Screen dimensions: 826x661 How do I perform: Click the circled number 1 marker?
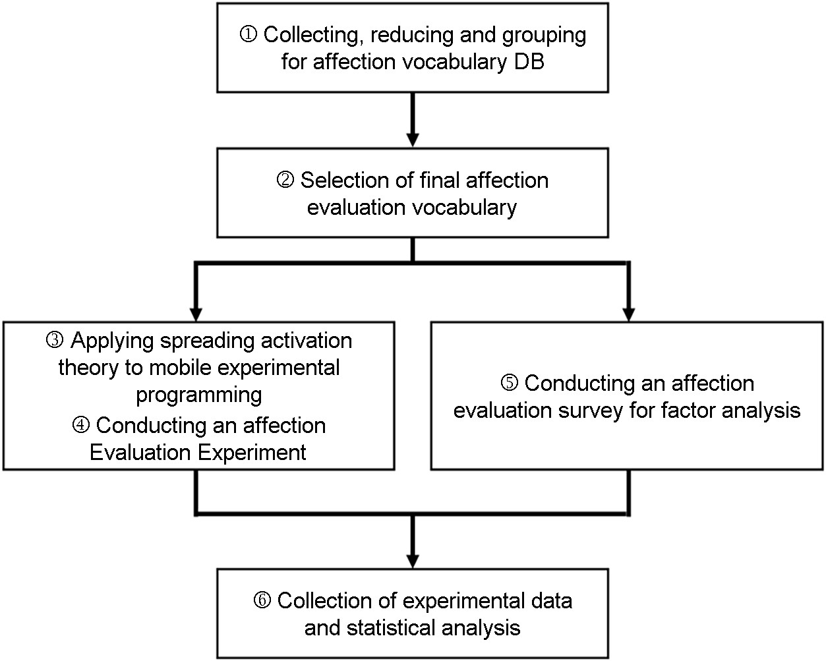tap(249, 34)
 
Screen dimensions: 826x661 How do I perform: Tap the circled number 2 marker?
tap(285, 180)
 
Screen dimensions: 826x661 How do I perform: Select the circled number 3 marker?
tap(55, 340)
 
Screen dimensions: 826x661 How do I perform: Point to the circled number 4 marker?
tap(81, 425)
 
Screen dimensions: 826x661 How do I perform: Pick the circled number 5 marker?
tap(510, 383)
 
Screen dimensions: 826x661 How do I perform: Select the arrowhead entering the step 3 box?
tap(196, 314)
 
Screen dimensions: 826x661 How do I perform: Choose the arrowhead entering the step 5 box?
tap(628, 314)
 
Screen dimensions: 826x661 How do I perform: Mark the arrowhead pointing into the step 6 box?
tap(413, 561)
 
